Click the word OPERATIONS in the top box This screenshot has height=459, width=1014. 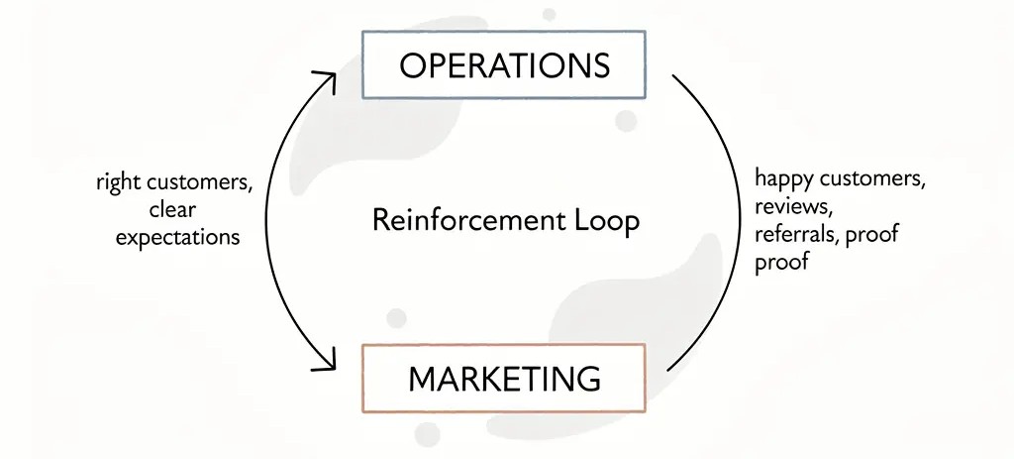pyautogui.click(x=505, y=65)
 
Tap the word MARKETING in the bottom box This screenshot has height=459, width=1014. pyautogui.click(x=504, y=378)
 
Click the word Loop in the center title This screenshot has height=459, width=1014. pyautogui.click(x=607, y=219)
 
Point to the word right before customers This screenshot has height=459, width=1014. pyautogui.click(x=118, y=183)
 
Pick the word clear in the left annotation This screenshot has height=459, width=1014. pyautogui.click(x=173, y=209)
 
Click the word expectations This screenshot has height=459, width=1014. pyautogui.click(x=178, y=237)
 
